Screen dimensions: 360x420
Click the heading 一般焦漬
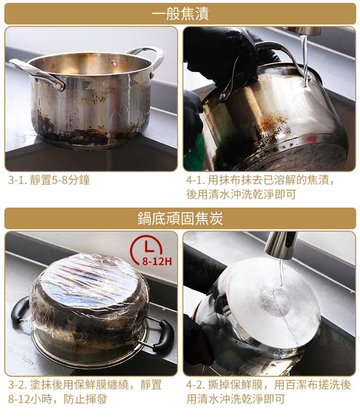(x=180, y=13)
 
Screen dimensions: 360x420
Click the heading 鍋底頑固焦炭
(x=180, y=218)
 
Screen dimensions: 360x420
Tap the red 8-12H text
(x=157, y=261)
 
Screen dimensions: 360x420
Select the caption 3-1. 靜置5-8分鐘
(x=49, y=180)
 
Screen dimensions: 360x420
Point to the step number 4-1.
(x=195, y=180)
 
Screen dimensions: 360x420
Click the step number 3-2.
(x=17, y=384)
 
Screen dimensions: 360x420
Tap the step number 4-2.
(x=196, y=384)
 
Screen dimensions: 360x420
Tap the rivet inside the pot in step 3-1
(x=114, y=62)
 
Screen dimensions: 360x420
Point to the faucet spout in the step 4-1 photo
(x=303, y=31)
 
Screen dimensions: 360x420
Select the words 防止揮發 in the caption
(x=85, y=399)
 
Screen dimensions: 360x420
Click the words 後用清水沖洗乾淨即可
(x=241, y=194)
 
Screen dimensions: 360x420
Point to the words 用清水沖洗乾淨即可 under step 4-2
(x=236, y=399)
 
